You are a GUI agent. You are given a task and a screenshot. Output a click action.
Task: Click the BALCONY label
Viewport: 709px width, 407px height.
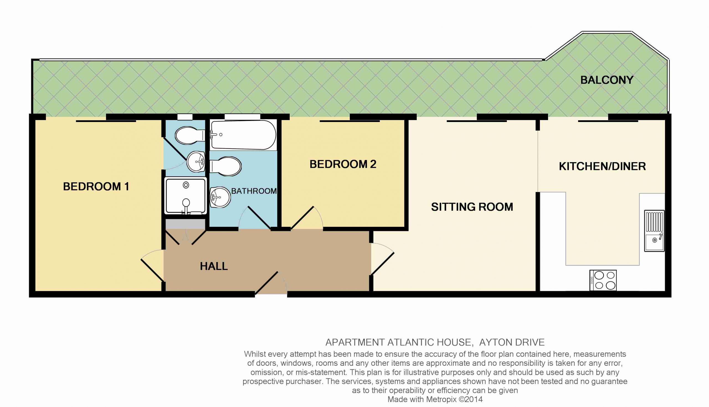[607, 80]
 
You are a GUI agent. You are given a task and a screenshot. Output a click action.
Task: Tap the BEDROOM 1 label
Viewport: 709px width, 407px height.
[96, 186]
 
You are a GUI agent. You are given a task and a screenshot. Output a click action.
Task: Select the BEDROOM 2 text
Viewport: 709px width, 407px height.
[343, 164]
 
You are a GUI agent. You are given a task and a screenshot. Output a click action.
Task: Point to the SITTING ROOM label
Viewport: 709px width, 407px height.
[472, 207]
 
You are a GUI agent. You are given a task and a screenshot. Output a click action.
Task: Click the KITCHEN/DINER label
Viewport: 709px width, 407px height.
[602, 166]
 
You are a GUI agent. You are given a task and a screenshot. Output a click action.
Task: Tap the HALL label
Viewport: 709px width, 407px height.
[214, 266]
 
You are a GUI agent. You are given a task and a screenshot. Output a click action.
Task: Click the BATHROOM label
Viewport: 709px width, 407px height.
[254, 191]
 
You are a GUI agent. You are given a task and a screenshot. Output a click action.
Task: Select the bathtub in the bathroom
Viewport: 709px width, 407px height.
[243, 135]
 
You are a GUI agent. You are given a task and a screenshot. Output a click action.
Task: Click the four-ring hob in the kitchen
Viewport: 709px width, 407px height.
[603, 280]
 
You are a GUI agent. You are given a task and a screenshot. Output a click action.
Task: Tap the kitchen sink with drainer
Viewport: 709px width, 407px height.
[654, 231]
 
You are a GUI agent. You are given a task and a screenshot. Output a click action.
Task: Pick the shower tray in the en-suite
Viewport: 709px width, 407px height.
[186, 196]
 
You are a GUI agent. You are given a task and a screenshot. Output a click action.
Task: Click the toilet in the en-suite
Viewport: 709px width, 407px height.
[190, 135]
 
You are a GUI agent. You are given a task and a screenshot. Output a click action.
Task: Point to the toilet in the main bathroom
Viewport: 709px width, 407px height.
[225, 166]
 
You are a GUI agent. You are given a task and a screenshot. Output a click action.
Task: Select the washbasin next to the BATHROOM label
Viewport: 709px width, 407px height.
[220, 197]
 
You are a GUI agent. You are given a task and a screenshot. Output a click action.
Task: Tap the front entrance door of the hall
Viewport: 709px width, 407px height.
[271, 283]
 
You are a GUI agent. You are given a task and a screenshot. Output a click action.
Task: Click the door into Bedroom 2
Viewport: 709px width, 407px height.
[307, 218]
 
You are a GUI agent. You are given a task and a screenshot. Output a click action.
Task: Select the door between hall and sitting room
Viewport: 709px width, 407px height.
[382, 259]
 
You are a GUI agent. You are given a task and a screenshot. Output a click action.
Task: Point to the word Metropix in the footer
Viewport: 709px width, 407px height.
[441, 400]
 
